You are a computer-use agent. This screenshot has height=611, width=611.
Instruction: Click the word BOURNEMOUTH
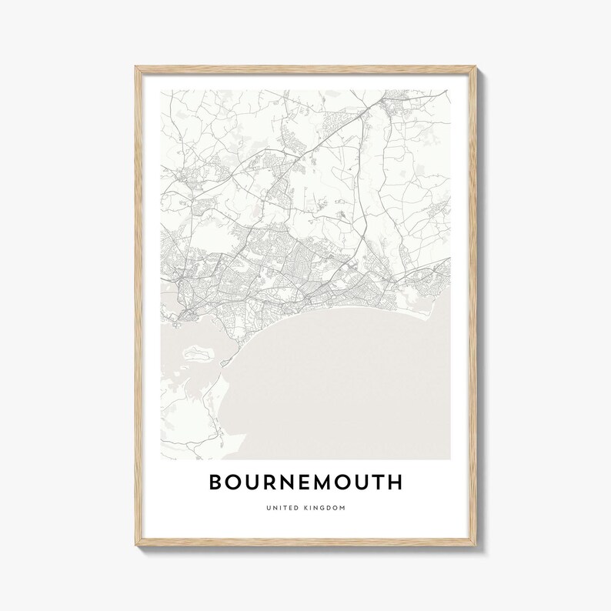pyautogui.click(x=305, y=482)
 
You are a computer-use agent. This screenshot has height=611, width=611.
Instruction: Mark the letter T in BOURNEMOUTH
pyautogui.click(x=376, y=482)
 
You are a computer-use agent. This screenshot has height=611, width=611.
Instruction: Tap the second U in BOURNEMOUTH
pyautogui.click(x=356, y=482)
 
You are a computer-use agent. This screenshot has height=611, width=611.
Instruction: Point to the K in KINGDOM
pyautogui.click(x=305, y=508)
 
